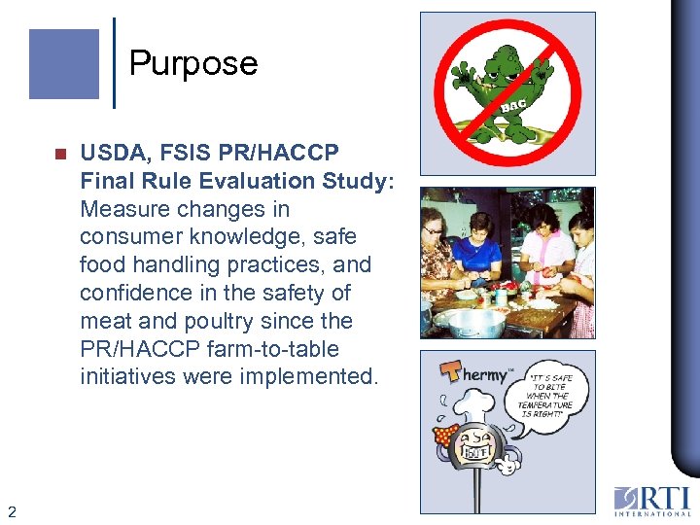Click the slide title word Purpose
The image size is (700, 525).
[193, 64]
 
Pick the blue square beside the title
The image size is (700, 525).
[64, 64]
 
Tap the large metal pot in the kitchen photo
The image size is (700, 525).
[475, 321]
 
